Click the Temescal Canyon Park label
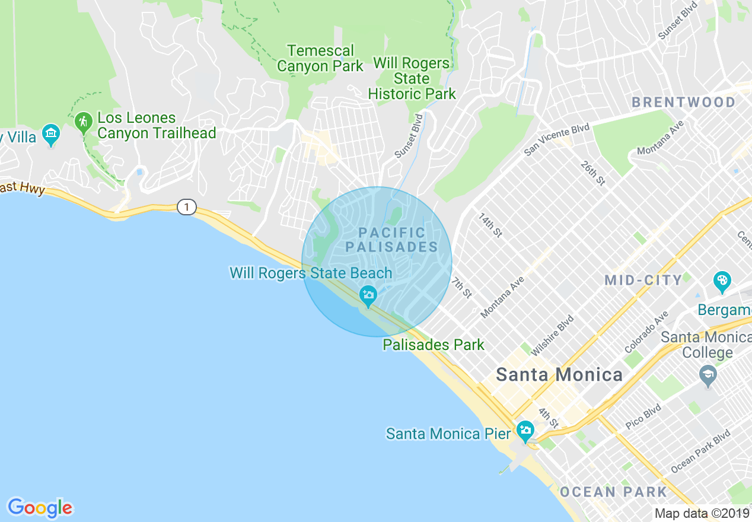tap(320, 58)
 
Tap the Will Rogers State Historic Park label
tap(412, 78)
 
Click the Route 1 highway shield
tap(186, 207)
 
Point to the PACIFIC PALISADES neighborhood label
tap(391, 240)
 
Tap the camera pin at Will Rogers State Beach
tap(368, 295)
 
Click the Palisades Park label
tap(433, 345)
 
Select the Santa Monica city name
tap(559, 375)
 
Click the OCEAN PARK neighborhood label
tap(613, 492)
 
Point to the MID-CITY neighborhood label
tap(643, 280)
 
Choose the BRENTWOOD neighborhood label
tap(683, 102)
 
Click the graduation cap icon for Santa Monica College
tap(708, 375)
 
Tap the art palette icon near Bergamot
tap(722, 281)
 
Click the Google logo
tap(40, 508)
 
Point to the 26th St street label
tap(592, 172)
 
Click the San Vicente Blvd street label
tap(556, 140)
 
